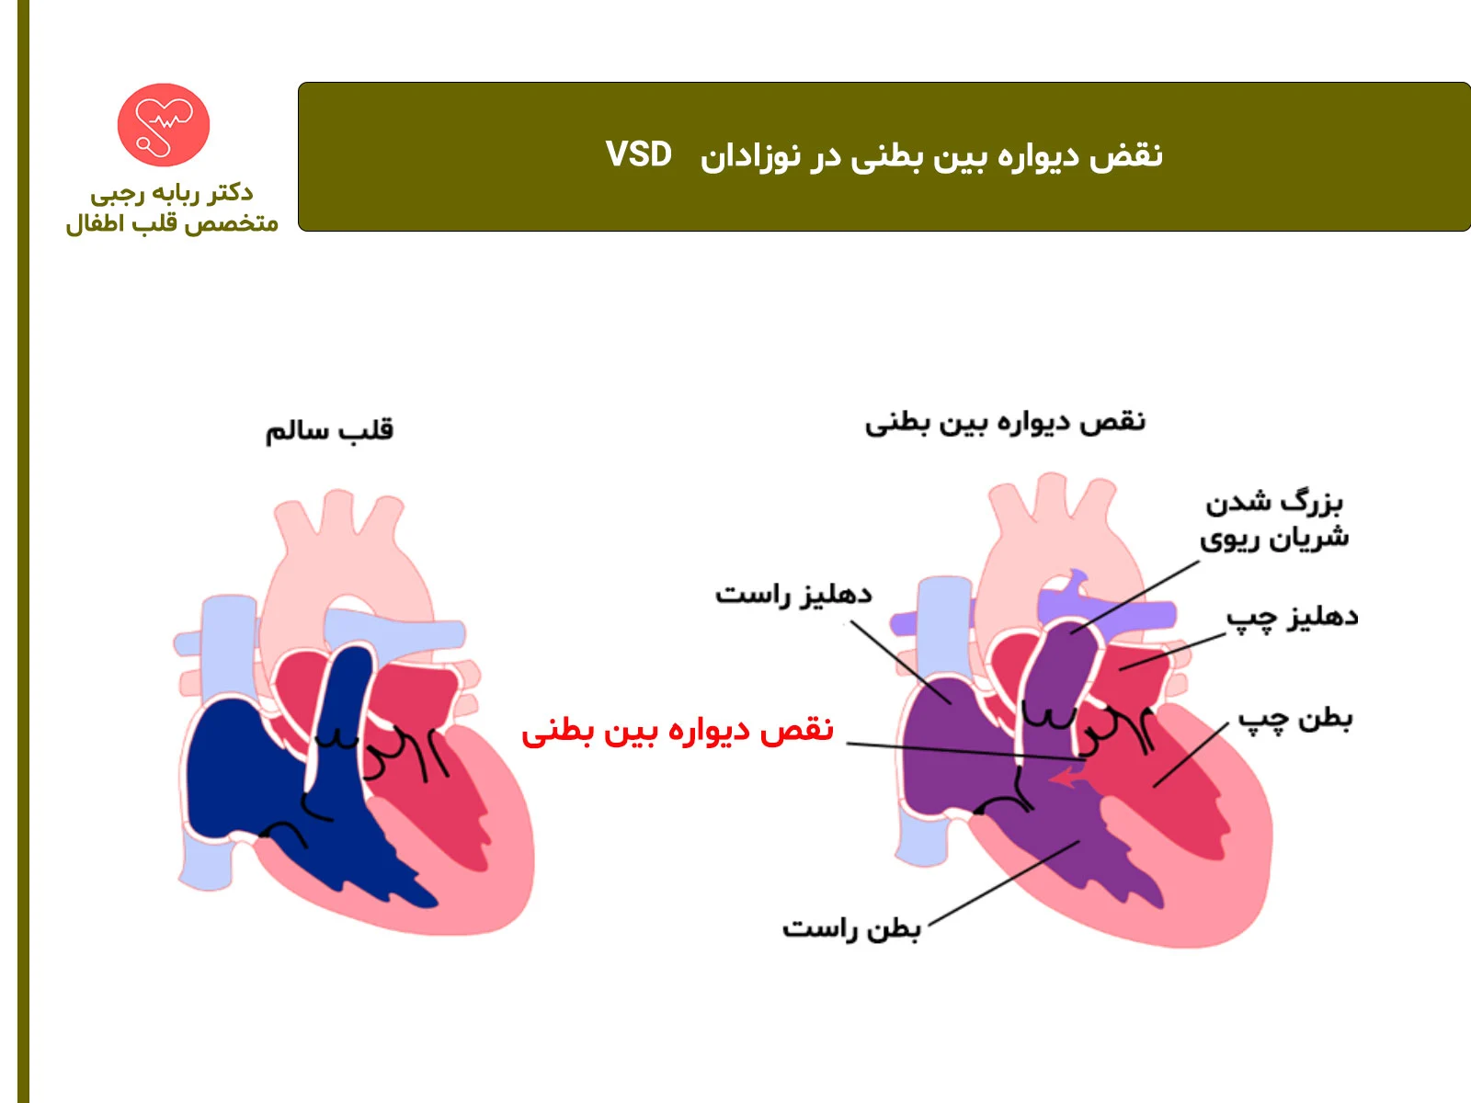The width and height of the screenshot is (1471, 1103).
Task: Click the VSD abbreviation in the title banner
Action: click(x=639, y=154)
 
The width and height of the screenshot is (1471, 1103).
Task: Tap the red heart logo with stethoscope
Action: click(x=164, y=124)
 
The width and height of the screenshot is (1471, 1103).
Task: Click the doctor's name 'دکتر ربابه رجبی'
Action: click(x=172, y=193)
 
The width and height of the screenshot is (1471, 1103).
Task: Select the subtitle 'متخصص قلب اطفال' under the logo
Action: click(x=172, y=223)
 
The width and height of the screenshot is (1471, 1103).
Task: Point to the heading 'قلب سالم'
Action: click(x=329, y=429)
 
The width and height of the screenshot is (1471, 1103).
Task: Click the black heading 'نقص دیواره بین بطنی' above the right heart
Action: click(x=1005, y=422)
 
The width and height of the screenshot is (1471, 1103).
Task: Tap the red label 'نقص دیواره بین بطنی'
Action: click(x=678, y=730)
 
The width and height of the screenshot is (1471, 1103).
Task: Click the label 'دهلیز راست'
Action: click(x=793, y=595)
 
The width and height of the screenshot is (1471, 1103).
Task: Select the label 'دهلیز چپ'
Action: click(x=1292, y=618)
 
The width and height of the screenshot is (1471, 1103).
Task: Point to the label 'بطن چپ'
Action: click(x=1294, y=718)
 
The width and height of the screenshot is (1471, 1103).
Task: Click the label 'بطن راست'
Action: click(x=851, y=928)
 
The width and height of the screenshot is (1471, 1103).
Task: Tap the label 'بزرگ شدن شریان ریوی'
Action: click(x=1274, y=520)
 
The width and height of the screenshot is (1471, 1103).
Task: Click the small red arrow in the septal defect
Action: click(x=1066, y=779)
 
